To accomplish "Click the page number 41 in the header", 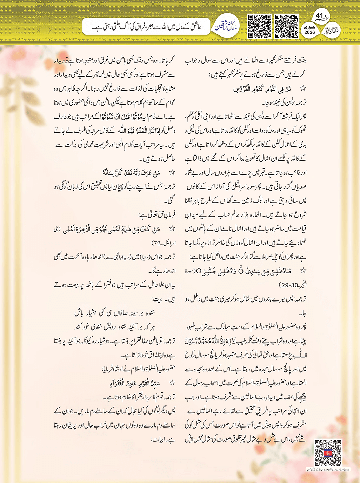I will tap(319, 16).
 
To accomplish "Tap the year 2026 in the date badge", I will tap(310, 32).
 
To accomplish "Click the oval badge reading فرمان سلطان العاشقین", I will tap(227, 26).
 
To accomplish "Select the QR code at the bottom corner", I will tap(328, 453).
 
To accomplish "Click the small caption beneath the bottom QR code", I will tap(328, 469).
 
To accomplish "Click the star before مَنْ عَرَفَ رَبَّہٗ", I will tap(172, 173).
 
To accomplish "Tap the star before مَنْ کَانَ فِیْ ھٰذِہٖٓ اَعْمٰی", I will tap(172, 229).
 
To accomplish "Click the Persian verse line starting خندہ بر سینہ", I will tap(115, 312).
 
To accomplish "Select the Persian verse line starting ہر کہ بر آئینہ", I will tap(115, 326).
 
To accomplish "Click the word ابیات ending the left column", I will tap(159, 439).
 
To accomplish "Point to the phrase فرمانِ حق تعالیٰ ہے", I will tap(157, 214).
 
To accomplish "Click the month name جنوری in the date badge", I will tap(310, 27).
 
